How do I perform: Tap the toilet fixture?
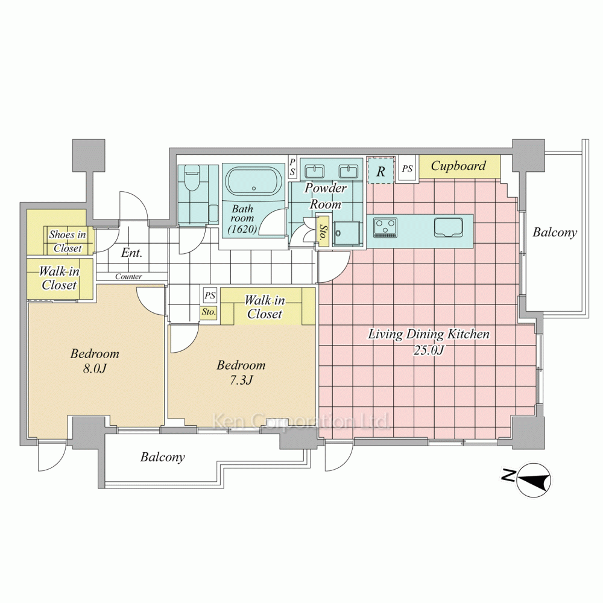[x=192, y=178]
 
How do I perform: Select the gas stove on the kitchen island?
[x=385, y=227]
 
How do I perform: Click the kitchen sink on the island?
[x=449, y=227]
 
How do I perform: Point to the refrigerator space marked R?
[x=380, y=171]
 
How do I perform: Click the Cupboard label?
[x=458, y=166]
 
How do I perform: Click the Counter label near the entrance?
[x=128, y=277]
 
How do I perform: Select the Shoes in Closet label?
[x=68, y=241]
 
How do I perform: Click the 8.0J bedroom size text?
[x=94, y=368]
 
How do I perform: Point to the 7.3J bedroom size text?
[x=241, y=380]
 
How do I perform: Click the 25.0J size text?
[x=429, y=350]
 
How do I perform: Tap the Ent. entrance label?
[x=131, y=253]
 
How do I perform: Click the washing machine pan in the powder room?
[x=347, y=233]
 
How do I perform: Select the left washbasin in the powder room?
[x=315, y=170]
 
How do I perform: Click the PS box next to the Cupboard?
[x=407, y=168]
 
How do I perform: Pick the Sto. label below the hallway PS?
[x=209, y=312]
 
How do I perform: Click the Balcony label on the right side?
[x=555, y=233]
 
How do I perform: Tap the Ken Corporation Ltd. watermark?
[x=301, y=421]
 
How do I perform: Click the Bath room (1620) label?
[x=242, y=219]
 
